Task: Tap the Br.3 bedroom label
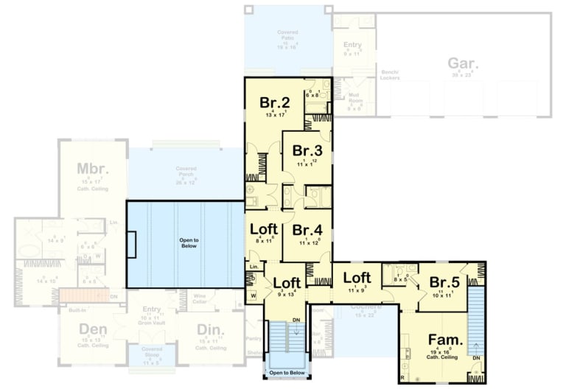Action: (x=304, y=151)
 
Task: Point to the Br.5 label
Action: (x=445, y=283)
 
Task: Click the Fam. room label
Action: (x=445, y=340)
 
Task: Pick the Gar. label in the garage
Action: (x=463, y=63)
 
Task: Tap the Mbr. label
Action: (x=93, y=169)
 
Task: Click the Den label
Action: (x=93, y=329)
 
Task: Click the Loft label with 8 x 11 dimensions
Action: (x=263, y=228)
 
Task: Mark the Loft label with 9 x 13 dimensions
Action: (x=287, y=283)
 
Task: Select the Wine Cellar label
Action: (x=200, y=298)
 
